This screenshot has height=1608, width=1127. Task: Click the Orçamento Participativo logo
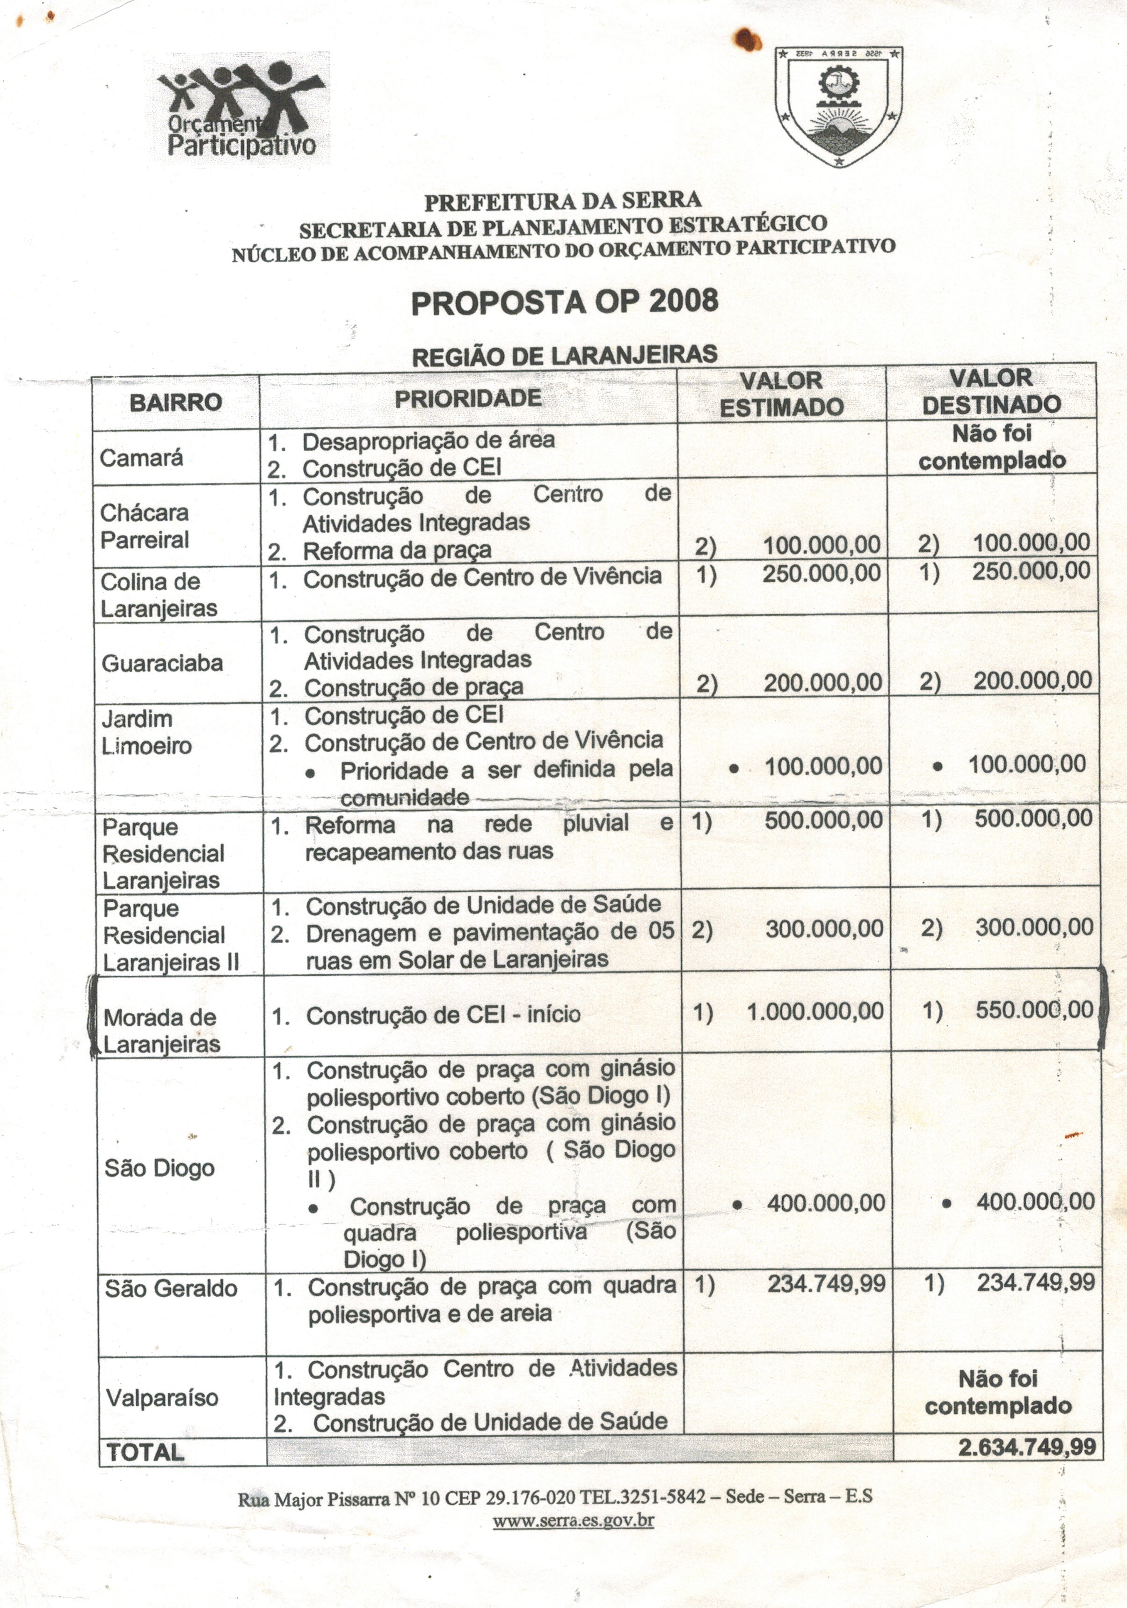pos(240,109)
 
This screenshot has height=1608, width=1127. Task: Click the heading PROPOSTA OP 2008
pos(564,302)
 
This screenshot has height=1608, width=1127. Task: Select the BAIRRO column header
pos(176,402)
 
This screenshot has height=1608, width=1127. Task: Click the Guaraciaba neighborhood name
pos(162,663)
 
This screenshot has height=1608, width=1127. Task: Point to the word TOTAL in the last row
pos(145,1452)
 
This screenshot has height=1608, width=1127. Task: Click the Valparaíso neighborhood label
pos(162,1397)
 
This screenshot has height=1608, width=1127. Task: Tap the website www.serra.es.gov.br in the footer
pos(573,1520)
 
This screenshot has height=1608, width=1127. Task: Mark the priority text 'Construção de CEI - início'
pos(443,1014)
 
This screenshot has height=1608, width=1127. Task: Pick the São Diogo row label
pos(160,1168)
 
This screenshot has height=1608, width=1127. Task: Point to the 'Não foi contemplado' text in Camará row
pos(992,447)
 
